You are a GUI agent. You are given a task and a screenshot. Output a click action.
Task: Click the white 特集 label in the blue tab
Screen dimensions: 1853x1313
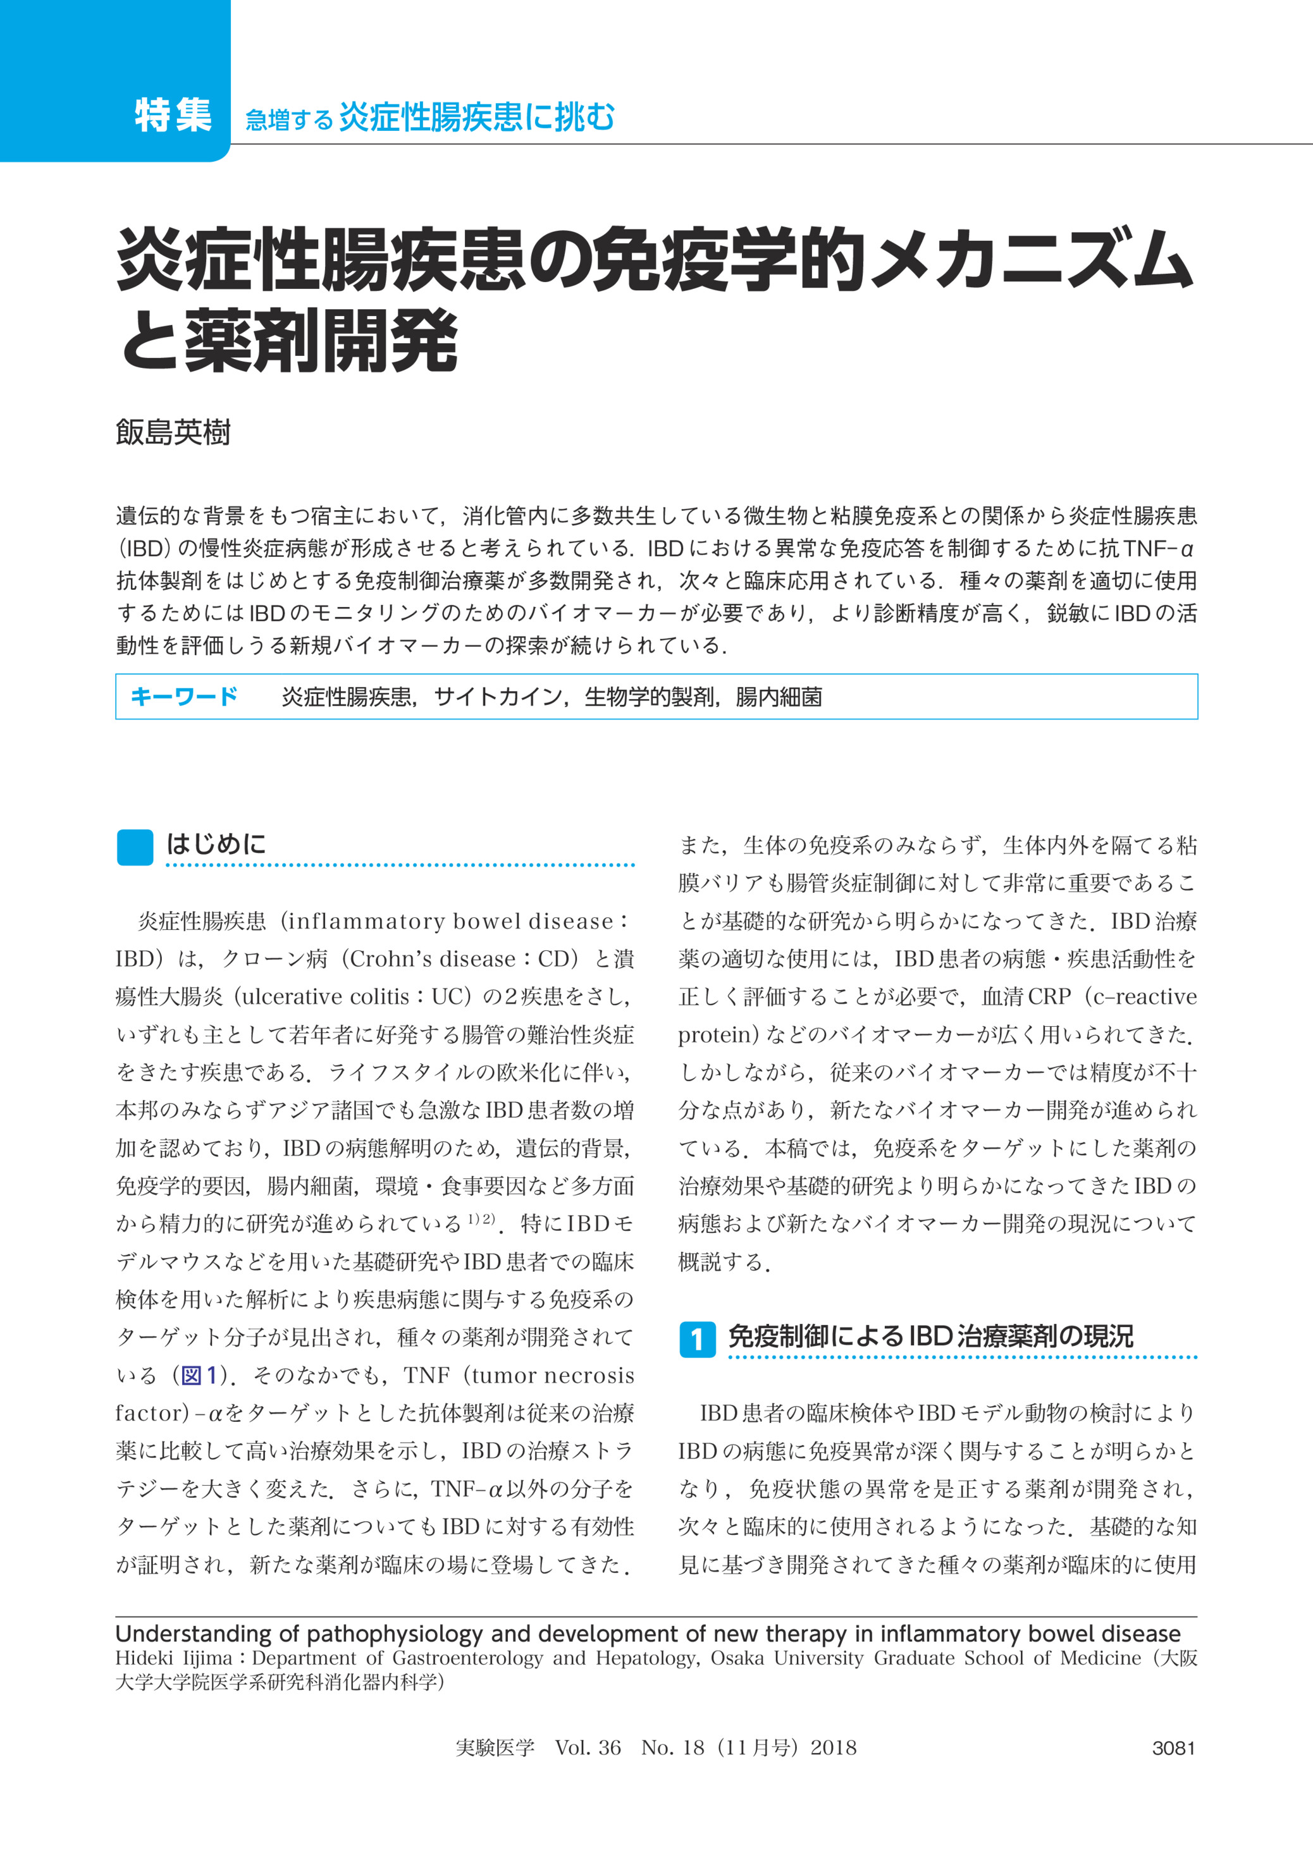173,115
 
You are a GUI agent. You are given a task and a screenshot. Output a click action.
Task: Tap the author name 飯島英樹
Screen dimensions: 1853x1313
173,433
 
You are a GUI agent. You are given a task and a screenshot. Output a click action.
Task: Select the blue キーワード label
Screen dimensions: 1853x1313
183,697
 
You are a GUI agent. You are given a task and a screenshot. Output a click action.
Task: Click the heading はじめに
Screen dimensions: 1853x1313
216,845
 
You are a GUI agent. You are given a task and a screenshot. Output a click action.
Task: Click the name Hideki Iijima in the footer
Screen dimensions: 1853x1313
173,1658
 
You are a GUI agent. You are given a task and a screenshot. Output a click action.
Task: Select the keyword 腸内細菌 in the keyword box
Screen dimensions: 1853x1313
779,697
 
